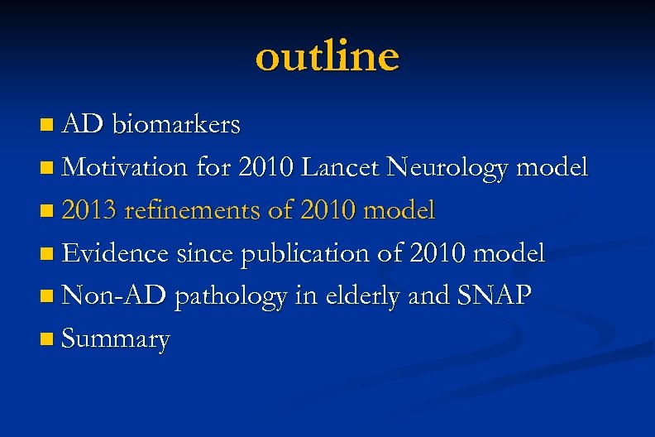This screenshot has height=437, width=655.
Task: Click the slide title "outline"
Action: (x=327, y=56)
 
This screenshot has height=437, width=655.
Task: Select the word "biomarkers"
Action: (x=177, y=125)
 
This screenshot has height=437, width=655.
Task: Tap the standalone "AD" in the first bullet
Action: (x=83, y=125)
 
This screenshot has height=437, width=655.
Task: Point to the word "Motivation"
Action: (x=126, y=168)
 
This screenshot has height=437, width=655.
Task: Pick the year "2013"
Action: (x=89, y=211)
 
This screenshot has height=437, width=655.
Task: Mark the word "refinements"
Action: (x=194, y=211)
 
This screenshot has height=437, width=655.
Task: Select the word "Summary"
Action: (x=116, y=340)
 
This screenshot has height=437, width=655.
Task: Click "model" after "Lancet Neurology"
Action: (x=552, y=168)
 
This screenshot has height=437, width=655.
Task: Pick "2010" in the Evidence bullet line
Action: (x=450, y=253)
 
